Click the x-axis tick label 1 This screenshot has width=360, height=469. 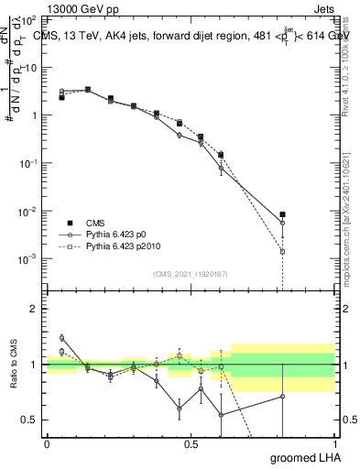[334, 443]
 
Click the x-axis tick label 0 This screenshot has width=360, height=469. [47, 443]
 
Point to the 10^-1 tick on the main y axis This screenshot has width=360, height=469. [29, 163]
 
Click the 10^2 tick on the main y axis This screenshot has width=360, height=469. [29, 19]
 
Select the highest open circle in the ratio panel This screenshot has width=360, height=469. [62, 338]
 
